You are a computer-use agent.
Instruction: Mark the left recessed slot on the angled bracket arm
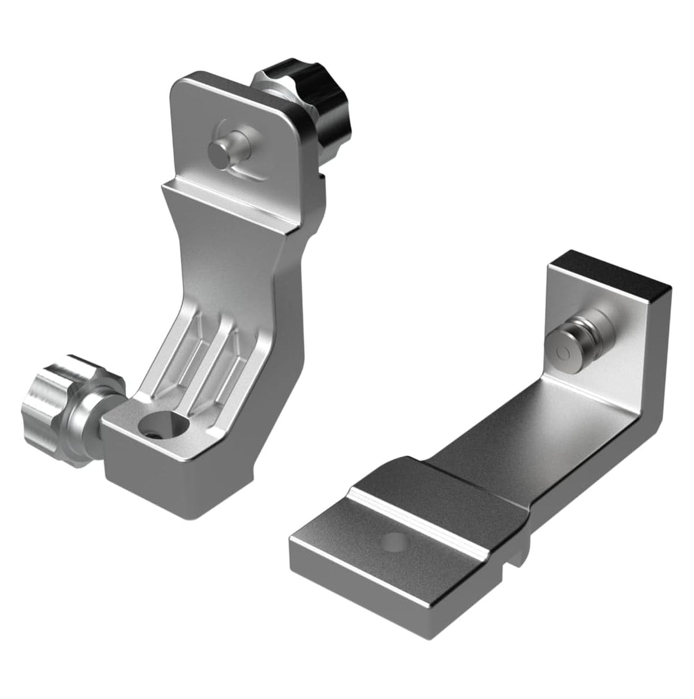(x=183, y=353)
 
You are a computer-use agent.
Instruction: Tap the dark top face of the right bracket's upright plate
(x=613, y=268)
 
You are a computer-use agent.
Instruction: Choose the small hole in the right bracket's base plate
(x=394, y=540)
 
